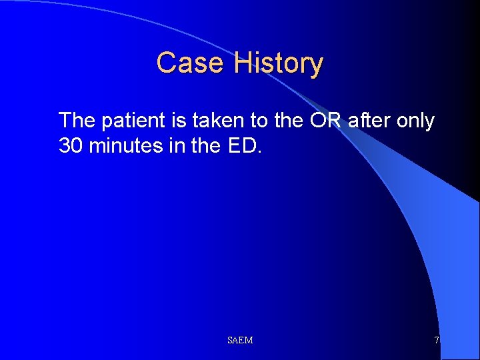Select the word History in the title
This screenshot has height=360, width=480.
tap(278, 63)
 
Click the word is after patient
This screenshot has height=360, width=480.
tap(183, 121)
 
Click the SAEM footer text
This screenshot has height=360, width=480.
tap(240, 341)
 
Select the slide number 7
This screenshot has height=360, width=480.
tap(437, 341)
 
